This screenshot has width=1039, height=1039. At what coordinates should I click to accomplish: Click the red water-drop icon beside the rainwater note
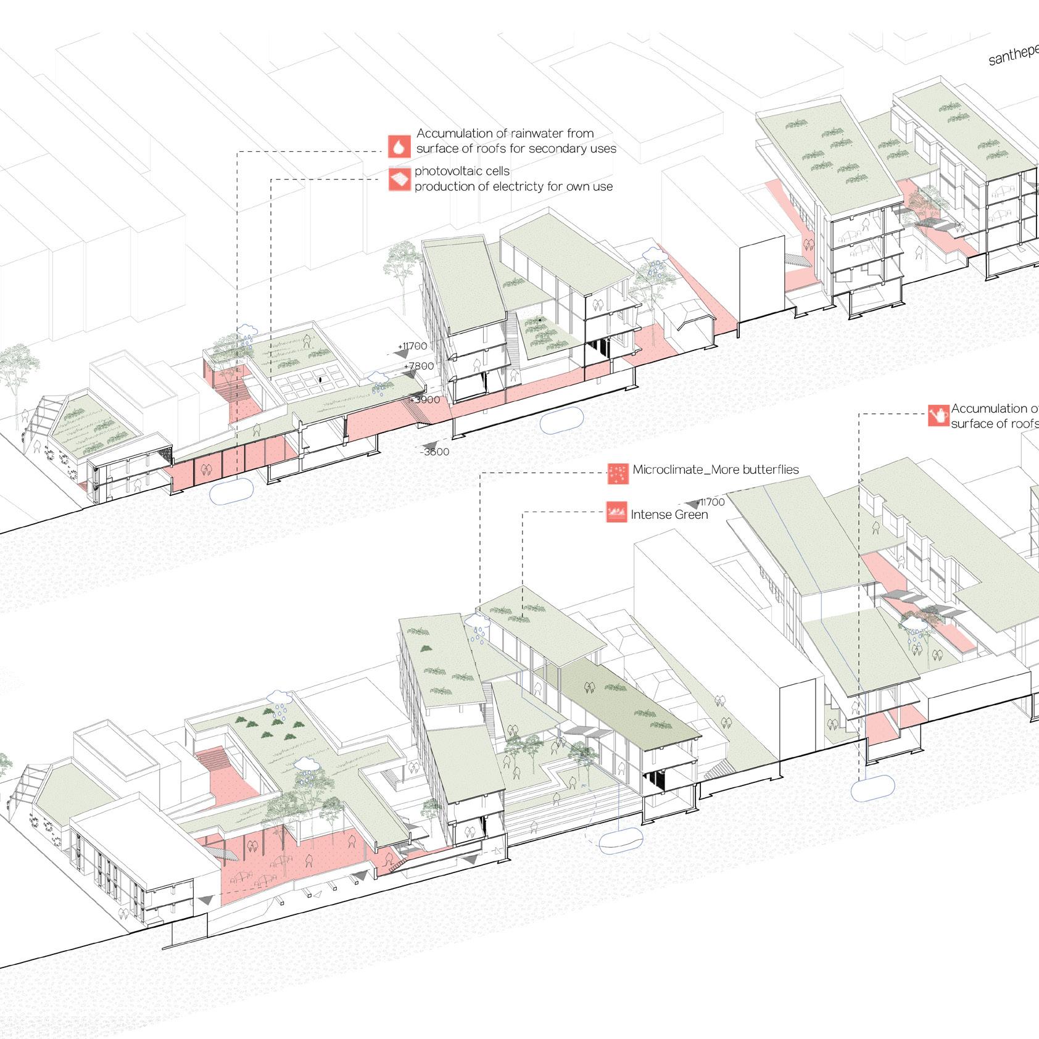(x=399, y=146)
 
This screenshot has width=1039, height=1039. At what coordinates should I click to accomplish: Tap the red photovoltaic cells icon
(x=399, y=180)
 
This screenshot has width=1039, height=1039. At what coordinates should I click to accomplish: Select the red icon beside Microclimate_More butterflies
(x=618, y=473)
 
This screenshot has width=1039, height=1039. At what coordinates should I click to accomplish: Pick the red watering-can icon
(x=938, y=415)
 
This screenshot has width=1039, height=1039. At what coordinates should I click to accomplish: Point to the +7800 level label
(x=419, y=366)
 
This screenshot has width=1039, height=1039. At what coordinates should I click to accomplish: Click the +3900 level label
(x=425, y=400)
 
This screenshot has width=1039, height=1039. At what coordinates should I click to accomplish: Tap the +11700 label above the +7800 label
(x=412, y=346)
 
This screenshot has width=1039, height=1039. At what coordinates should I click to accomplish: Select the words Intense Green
(x=669, y=515)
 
